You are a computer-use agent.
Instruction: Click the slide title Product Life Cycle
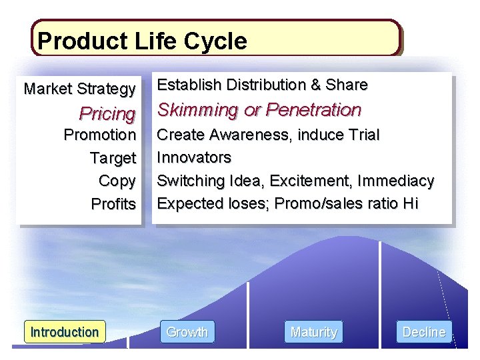(x=142, y=41)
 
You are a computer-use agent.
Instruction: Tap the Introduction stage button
(x=65, y=331)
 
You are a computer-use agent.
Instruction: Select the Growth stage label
(x=187, y=331)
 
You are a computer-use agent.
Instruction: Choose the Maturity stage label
(x=313, y=331)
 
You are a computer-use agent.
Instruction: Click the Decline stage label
(x=424, y=331)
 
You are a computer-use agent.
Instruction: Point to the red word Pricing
(x=107, y=113)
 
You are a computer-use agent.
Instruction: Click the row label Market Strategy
(x=79, y=88)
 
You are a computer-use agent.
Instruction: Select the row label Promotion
(x=99, y=135)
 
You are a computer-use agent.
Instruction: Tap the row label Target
(x=113, y=158)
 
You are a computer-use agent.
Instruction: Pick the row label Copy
(x=117, y=181)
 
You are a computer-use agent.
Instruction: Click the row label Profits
(x=113, y=204)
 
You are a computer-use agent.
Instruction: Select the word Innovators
(x=194, y=157)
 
